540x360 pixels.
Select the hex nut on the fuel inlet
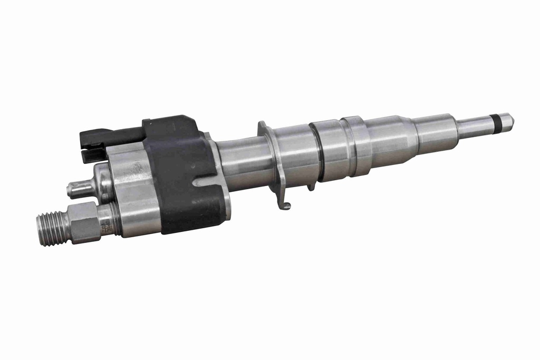pyautogui.click(x=84, y=223)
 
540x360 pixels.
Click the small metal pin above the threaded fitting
pyautogui.click(x=79, y=188)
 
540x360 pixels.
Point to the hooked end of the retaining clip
pyautogui.click(x=284, y=205)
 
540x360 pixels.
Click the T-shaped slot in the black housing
pyautogui.click(x=202, y=182)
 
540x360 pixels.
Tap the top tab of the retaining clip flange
pyautogui.click(x=263, y=128)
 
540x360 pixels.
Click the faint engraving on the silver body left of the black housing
pyautogui.click(x=136, y=169)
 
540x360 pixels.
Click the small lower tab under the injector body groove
pyautogui.click(x=311, y=186)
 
